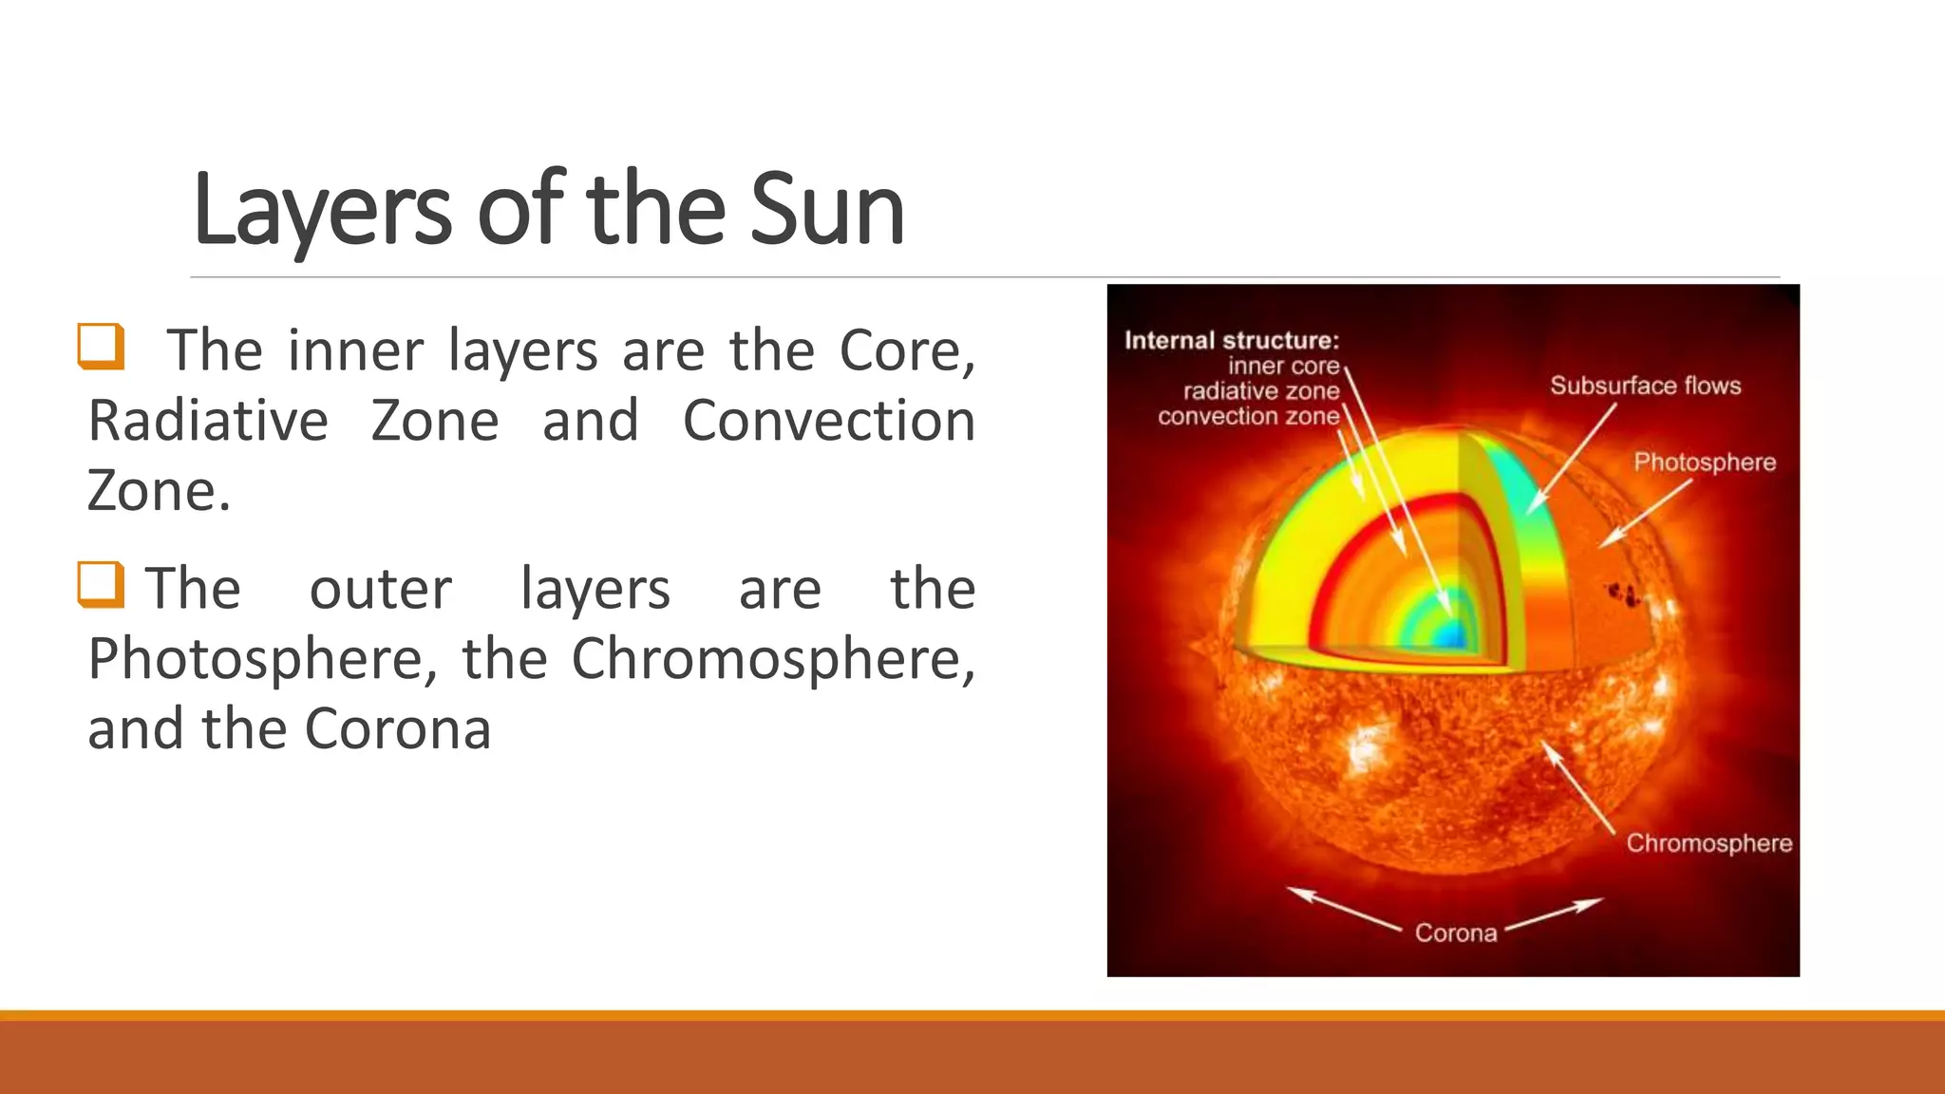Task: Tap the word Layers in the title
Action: click(323, 210)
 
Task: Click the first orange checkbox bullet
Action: click(101, 347)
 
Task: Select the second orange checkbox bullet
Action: click(101, 584)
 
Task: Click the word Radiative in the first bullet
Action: click(208, 421)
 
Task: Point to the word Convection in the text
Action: click(828, 421)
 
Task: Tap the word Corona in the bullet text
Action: click(398, 728)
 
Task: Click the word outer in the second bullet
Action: click(381, 588)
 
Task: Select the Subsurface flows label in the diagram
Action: click(1645, 386)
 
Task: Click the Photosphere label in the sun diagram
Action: click(1704, 462)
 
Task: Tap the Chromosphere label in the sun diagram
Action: click(1709, 843)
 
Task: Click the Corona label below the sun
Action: click(1455, 934)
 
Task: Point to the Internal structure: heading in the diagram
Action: click(1231, 341)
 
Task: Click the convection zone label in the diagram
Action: click(1248, 416)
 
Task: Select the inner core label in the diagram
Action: click(1283, 367)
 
